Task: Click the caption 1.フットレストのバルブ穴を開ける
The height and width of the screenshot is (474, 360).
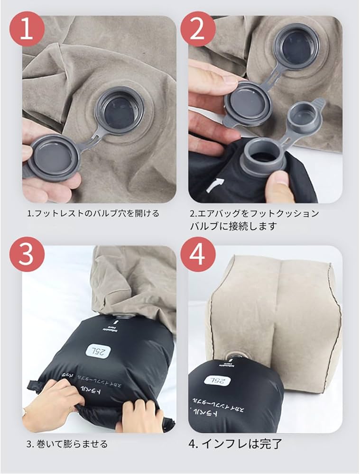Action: (x=92, y=213)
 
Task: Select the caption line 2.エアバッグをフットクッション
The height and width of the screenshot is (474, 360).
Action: (x=254, y=213)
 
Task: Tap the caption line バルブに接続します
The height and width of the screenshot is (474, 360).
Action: (x=233, y=226)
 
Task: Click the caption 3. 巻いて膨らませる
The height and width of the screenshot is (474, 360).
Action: (x=67, y=444)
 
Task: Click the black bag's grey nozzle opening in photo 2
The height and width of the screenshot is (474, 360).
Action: (x=264, y=158)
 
